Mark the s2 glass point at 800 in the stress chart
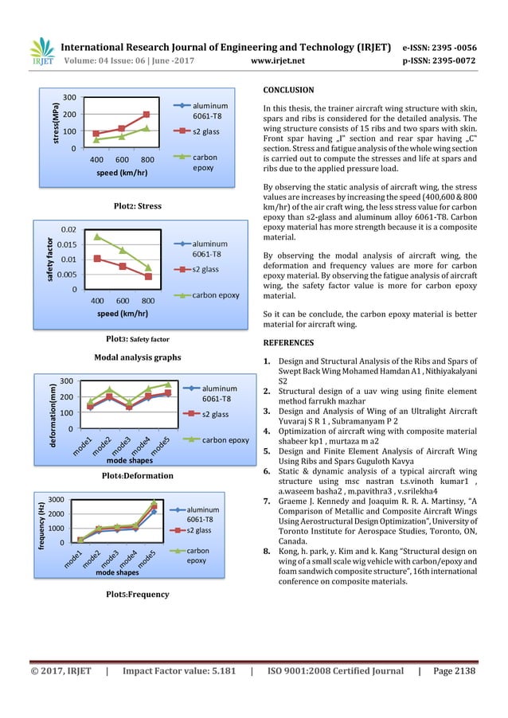tap(147, 115)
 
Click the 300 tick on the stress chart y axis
tap(70, 98)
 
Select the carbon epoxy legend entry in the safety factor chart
tap(211, 295)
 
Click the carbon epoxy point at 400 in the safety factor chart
tap(97, 236)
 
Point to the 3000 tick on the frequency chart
tap(68, 499)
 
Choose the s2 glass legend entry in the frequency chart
tap(200, 530)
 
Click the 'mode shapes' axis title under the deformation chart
tap(130, 461)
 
